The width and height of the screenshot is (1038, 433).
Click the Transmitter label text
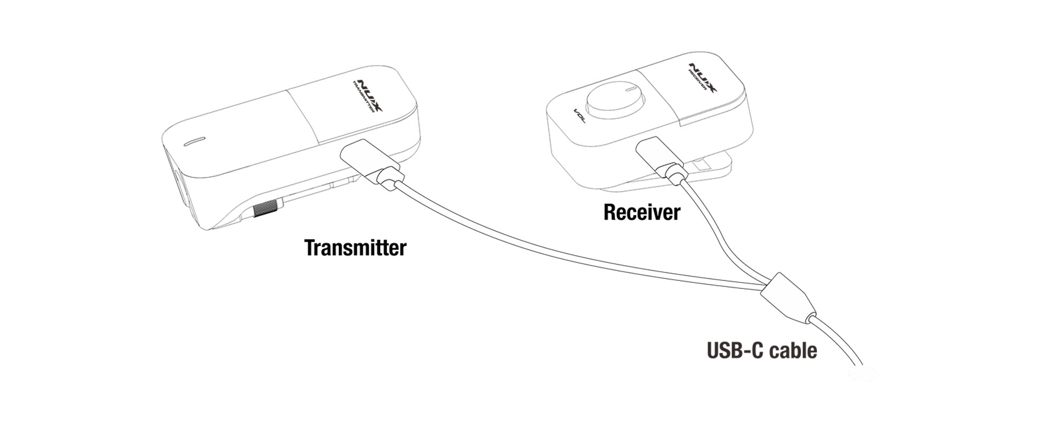(355, 247)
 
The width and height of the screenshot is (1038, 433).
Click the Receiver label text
(642, 212)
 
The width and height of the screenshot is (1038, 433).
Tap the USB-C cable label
(762, 350)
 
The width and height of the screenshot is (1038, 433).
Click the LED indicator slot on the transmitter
(195, 142)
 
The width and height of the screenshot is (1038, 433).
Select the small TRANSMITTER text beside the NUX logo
(362, 97)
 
